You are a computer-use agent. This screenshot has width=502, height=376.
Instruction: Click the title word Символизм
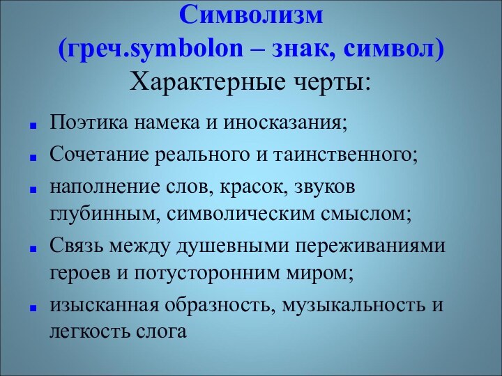251,14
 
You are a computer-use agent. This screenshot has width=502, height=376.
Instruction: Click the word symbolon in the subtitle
186,49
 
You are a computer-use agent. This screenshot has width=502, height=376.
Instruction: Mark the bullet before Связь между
33,248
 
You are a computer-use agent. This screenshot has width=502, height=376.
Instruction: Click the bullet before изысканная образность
33,307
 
